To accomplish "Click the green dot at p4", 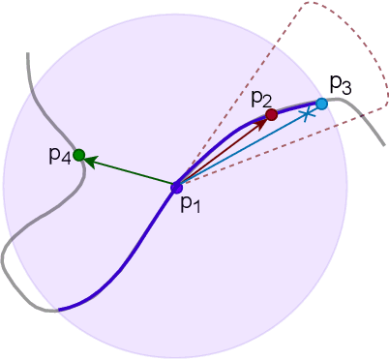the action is click(x=79, y=154).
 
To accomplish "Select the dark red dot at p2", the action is click(x=272, y=114).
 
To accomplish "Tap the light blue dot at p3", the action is click(x=321, y=103).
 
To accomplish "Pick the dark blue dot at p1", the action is click(x=176, y=187).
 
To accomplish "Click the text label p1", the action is click(x=192, y=204).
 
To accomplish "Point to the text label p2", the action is click(x=261, y=97).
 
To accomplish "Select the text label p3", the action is click(x=340, y=84).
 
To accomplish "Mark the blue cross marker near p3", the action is click(x=307, y=114).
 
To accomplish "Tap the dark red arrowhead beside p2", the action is click(x=263, y=121).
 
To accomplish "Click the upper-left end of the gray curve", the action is click(x=26, y=53).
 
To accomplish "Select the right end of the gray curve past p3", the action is click(x=384, y=145).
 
